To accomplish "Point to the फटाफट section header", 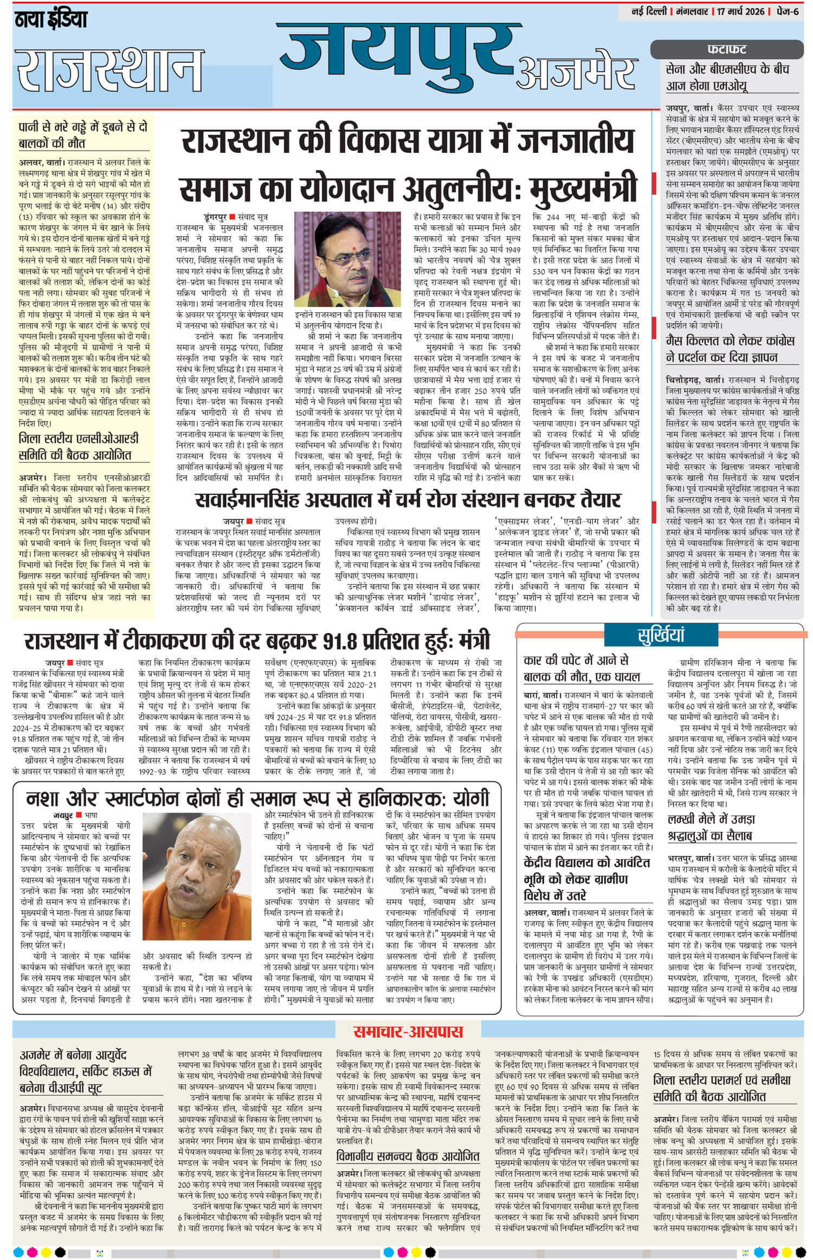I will tap(727, 49).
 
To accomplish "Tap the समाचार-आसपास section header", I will tap(408, 1031).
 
